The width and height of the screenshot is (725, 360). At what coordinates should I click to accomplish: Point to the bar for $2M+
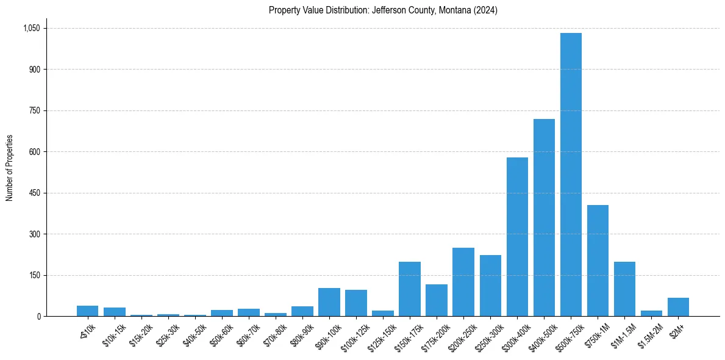678,307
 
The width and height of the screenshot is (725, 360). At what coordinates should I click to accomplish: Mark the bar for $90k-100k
329,302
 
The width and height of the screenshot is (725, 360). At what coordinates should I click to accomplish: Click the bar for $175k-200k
437,300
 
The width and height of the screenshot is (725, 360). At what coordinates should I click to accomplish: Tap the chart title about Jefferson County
383,10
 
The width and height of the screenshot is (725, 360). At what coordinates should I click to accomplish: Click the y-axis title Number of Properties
10,168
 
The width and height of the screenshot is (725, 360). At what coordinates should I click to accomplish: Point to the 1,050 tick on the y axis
31,28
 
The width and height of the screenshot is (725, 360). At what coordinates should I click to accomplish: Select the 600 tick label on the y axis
34,152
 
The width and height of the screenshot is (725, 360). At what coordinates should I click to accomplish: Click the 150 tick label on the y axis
34,275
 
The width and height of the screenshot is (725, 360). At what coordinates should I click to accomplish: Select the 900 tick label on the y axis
34,70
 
